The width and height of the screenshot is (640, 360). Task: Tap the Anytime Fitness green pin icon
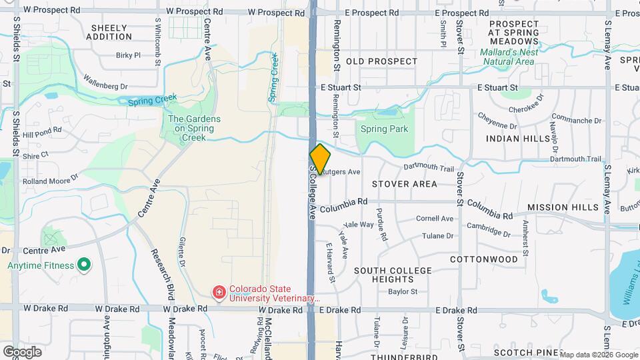click(84, 265)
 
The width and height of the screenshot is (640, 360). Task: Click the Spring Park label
click(383, 129)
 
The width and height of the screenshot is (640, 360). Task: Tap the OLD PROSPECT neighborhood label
click(382, 61)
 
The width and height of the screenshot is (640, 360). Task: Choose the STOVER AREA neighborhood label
click(405, 183)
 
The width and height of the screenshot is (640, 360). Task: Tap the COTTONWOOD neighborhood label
click(484, 259)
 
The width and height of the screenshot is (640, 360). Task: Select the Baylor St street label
click(403, 291)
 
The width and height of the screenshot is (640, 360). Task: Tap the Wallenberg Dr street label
click(105, 86)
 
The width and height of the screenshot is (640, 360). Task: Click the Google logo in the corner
click(23, 351)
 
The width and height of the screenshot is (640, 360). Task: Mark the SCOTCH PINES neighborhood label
click(523, 352)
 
